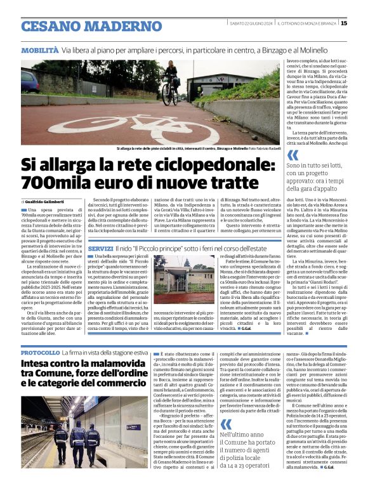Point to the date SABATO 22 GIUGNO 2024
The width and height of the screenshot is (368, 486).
[252, 23]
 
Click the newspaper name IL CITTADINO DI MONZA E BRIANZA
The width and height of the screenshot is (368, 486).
[310, 23]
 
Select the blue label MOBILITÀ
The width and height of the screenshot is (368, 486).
[40, 49]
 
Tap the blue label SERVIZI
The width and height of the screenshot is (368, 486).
[101, 248]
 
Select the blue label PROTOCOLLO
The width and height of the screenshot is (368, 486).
[40, 352]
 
